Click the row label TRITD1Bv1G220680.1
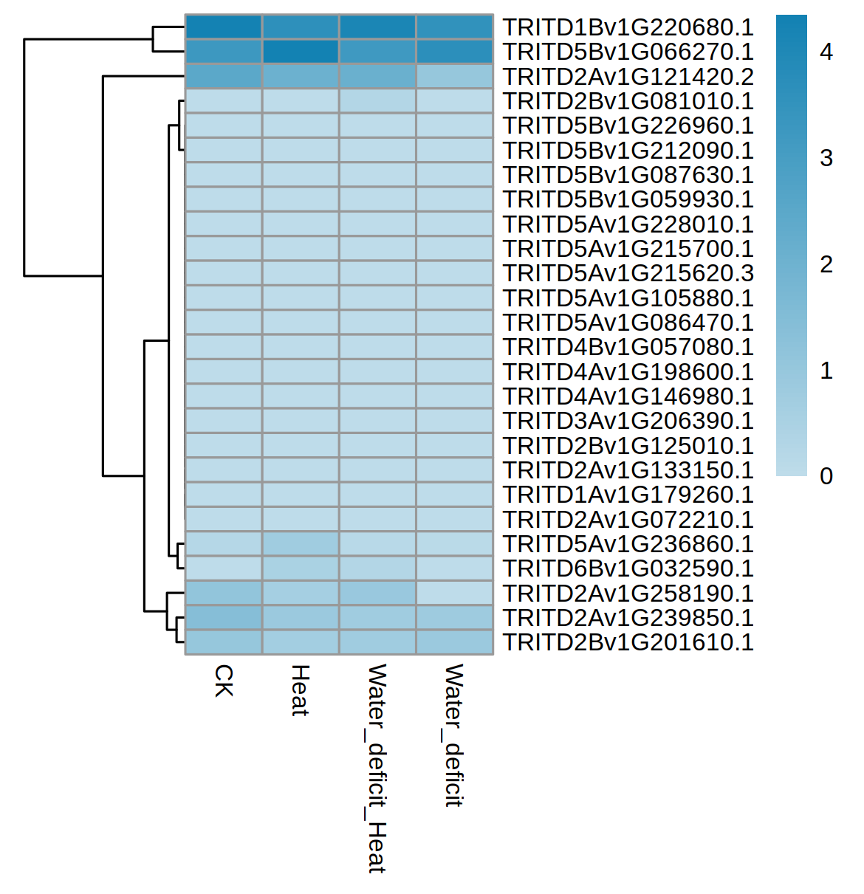pos(628,27)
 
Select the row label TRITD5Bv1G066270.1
pos(628,52)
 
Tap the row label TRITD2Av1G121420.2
pos(628,77)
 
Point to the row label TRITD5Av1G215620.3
pos(628,273)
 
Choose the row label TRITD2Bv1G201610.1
pos(628,642)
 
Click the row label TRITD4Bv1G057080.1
pos(628,347)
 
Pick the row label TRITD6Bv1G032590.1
pos(628,568)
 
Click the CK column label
pos(223,680)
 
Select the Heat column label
pos(300,690)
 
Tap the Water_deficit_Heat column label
pos(377,768)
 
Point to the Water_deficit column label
pos(453,735)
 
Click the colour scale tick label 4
pos(826,52)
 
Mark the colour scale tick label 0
pos(826,476)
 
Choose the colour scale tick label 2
pos(826,264)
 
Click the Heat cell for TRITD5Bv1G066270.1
pos(300,52)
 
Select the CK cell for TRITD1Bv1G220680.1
pos(223,27)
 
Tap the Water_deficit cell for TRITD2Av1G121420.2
pos(454,77)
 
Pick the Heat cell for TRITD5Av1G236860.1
pos(300,544)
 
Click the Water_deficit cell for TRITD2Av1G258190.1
pos(454,593)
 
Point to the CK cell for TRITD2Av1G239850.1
pos(223,617)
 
